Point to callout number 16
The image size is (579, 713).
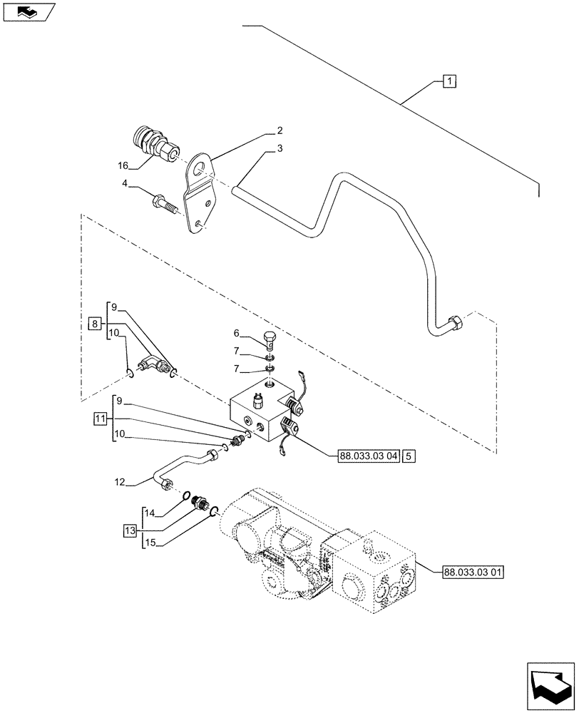123,165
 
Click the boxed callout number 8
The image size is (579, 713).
94,324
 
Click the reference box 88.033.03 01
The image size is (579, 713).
473,571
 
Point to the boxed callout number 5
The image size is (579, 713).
406,453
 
